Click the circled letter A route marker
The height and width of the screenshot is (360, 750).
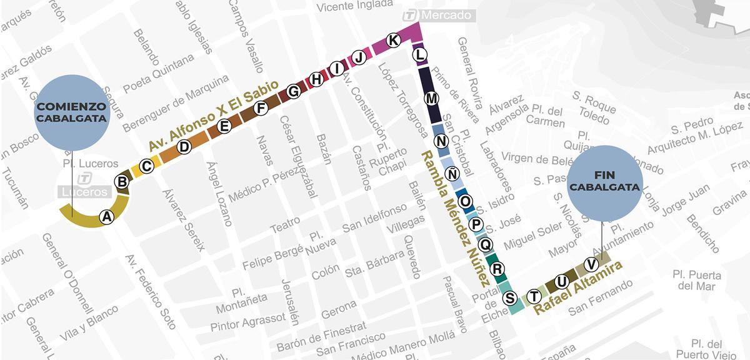click(107, 217)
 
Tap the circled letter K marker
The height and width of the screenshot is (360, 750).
click(393, 41)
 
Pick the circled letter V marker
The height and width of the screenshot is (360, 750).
click(588, 264)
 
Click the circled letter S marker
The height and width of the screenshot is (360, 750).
click(510, 298)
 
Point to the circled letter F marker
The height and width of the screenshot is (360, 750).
click(262, 108)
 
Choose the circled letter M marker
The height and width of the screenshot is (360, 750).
click(431, 99)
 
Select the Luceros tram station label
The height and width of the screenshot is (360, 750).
click(84, 192)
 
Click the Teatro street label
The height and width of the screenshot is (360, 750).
click(284, 225)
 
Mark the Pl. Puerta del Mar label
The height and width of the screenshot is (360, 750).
click(696, 281)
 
